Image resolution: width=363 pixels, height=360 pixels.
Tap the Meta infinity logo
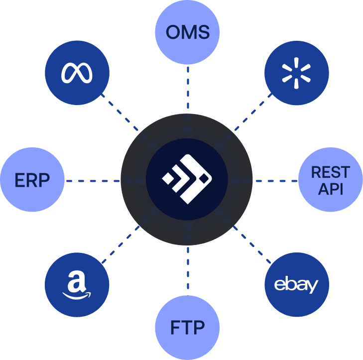pos(77,73)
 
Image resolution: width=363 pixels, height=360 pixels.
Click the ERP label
pos(32,180)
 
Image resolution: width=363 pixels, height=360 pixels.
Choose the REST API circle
pos(330,180)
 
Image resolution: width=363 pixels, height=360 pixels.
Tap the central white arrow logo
pos(187,179)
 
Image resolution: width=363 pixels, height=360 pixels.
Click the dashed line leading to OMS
pos(187,90)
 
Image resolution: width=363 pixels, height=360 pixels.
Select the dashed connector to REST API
pos(276,180)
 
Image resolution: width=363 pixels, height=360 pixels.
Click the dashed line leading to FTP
pos(187,271)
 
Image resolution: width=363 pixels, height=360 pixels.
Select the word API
pos(330,189)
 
